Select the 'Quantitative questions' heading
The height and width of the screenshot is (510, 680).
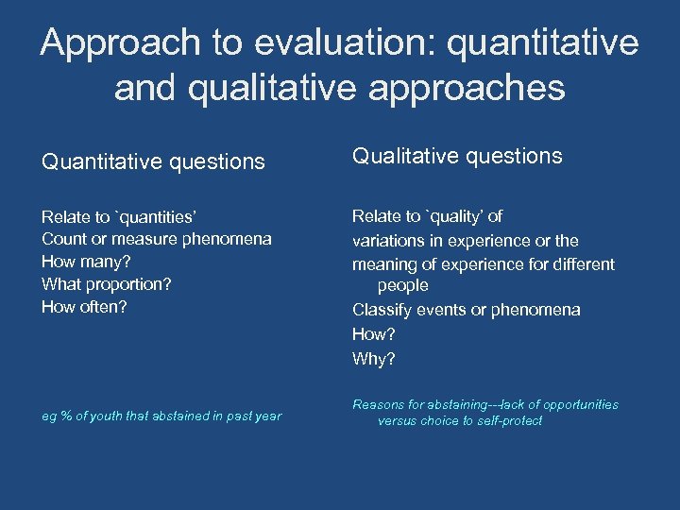pos(153,161)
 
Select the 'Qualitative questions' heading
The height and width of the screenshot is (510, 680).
pos(457,156)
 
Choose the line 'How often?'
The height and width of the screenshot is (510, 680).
pos(84,306)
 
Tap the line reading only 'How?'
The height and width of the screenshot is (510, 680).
pos(374,333)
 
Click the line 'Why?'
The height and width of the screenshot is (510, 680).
pos(374,358)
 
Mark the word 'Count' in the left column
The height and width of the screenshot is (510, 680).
pos(62,238)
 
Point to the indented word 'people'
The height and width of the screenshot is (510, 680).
pos(402,285)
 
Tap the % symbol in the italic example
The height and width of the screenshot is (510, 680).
pos(64,416)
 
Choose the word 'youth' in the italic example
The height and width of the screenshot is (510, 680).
pos(106,416)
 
